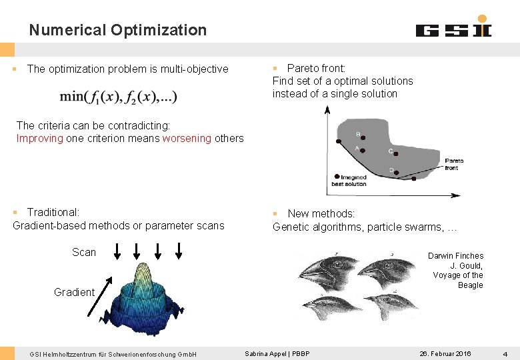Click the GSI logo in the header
[x=454, y=28]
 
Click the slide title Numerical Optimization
[x=118, y=30]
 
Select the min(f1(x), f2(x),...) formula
[x=119, y=97]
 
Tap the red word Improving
[x=40, y=139]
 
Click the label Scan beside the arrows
[x=84, y=252]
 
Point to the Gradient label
[x=74, y=292]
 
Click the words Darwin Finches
[x=455, y=256]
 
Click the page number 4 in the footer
[x=505, y=353]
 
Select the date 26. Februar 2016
[x=445, y=353]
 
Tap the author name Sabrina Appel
[x=266, y=353]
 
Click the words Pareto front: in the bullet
[x=316, y=68]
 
